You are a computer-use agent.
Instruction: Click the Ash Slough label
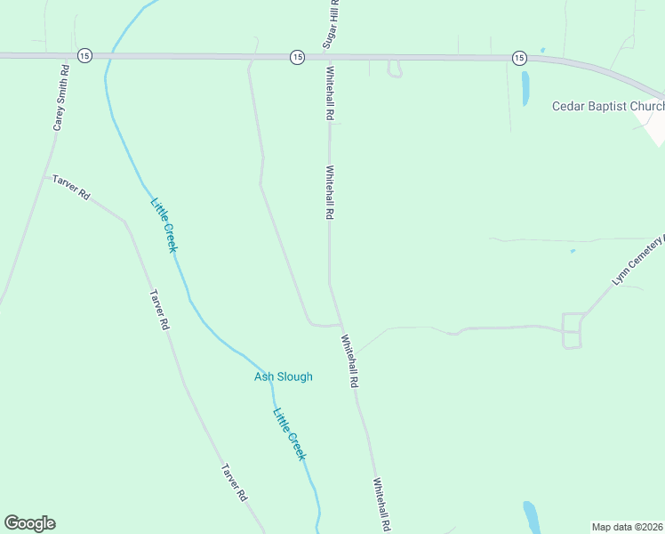coord(284,376)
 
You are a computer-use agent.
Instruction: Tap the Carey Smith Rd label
coord(60,98)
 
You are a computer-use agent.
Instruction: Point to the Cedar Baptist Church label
coord(607,106)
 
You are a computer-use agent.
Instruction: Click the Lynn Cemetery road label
coord(638,261)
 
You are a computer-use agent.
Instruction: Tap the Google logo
coord(29,523)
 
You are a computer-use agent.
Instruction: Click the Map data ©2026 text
coord(626,527)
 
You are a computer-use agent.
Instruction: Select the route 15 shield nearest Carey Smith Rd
coord(84,55)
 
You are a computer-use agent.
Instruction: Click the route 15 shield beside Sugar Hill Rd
coord(297,56)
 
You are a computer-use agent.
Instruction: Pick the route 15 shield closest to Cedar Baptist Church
coord(518,57)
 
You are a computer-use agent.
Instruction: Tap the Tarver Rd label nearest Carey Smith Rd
coord(71,187)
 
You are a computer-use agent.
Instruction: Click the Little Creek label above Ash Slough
coord(164,224)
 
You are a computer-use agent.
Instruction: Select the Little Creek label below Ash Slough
coord(290,433)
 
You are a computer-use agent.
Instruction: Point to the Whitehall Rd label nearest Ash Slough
coord(349,360)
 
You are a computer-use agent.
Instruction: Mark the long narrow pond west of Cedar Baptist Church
coord(525,88)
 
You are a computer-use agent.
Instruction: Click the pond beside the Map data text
coord(532,515)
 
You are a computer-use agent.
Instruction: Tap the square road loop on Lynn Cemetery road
coord(572,330)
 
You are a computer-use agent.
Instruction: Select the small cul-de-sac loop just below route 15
coord(395,69)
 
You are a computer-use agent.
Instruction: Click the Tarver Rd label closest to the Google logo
coord(235,482)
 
